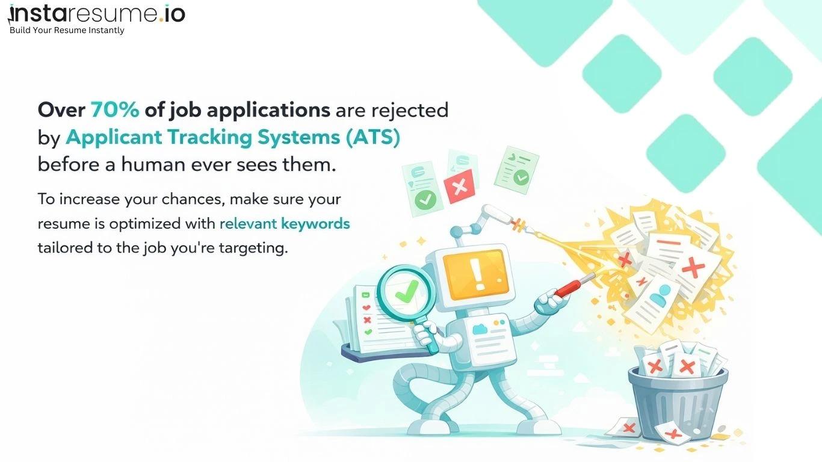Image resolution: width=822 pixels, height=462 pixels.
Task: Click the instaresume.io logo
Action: (96, 14)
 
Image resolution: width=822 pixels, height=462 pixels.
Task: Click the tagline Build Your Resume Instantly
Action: (67, 31)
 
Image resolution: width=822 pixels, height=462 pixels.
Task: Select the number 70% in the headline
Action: (115, 110)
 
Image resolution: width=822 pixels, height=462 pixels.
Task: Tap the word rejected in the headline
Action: (409, 111)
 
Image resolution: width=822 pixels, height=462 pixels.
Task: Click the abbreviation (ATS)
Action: (372, 137)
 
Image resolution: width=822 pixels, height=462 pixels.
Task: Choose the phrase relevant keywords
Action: (285, 224)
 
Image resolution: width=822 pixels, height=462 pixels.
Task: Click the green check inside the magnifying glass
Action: (405, 291)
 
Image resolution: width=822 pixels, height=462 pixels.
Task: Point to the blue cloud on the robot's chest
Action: (480, 329)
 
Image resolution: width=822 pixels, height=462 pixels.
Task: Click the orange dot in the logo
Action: (161, 19)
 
